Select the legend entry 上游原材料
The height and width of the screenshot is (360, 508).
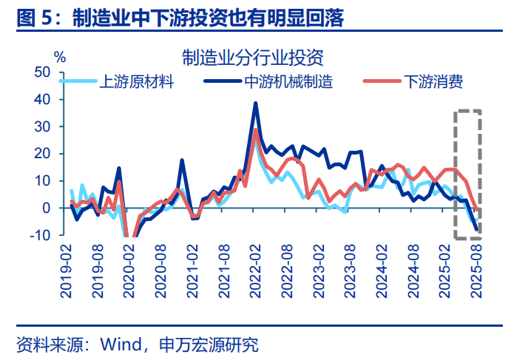point(136,81)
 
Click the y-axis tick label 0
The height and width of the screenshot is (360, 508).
point(47,208)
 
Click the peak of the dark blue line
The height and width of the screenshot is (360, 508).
point(256,103)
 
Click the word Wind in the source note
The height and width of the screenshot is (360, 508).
point(118,344)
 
